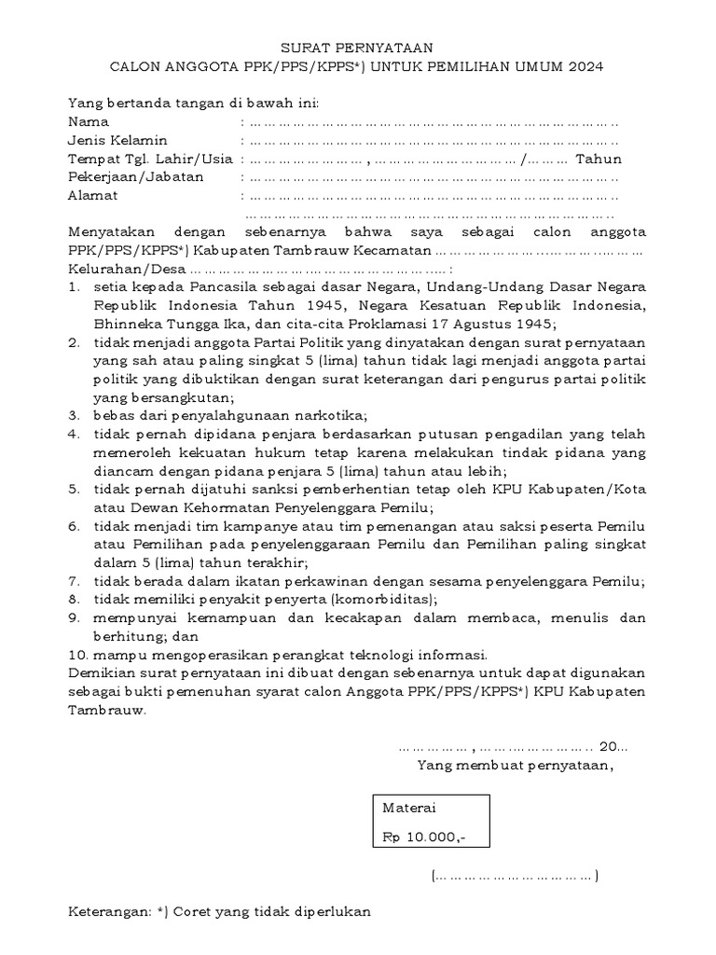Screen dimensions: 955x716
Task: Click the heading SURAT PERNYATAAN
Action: (357, 48)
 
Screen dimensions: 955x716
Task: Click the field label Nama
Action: (89, 121)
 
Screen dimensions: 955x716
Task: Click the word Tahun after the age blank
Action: (599, 159)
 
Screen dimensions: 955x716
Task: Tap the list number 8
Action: (74, 599)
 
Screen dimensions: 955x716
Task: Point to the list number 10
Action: (77, 654)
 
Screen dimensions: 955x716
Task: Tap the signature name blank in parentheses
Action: (515, 876)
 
